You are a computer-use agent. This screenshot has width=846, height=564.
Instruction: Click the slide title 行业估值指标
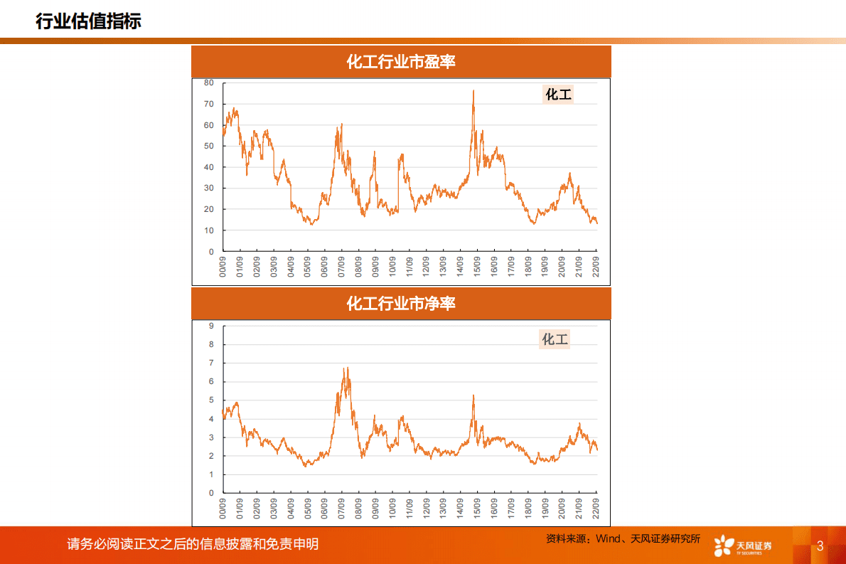pos(88,21)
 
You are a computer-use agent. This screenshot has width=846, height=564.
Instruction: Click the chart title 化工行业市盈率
pos(401,62)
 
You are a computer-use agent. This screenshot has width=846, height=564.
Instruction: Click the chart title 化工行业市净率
pos(401,304)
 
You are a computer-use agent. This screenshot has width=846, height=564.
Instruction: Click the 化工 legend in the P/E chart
pos(558,94)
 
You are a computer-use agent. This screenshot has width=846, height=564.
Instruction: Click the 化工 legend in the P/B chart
pos(555,339)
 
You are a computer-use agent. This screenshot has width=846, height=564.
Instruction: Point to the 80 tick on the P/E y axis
pos(209,83)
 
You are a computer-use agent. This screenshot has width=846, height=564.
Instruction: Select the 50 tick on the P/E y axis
pos(209,146)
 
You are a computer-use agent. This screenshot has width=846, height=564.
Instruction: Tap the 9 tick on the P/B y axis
pos(211,326)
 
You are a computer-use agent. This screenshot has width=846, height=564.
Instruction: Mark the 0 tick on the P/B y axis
pos(211,493)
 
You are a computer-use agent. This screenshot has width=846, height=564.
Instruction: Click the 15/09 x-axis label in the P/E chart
pos(476,267)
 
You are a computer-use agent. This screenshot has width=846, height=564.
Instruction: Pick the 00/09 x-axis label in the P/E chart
pos(223,267)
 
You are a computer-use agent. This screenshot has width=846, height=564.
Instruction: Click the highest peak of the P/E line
pos(473,91)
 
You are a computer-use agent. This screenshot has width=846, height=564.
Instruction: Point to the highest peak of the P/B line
pos(346,368)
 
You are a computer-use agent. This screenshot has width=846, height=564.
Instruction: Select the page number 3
pos(820,546)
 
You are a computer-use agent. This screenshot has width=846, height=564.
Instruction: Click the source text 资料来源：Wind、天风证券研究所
pos(623,539)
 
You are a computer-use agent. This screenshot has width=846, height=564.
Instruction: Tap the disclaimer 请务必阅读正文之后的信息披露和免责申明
pos(193,544)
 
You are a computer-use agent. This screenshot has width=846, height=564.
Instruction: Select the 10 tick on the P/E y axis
pos(209,230)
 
